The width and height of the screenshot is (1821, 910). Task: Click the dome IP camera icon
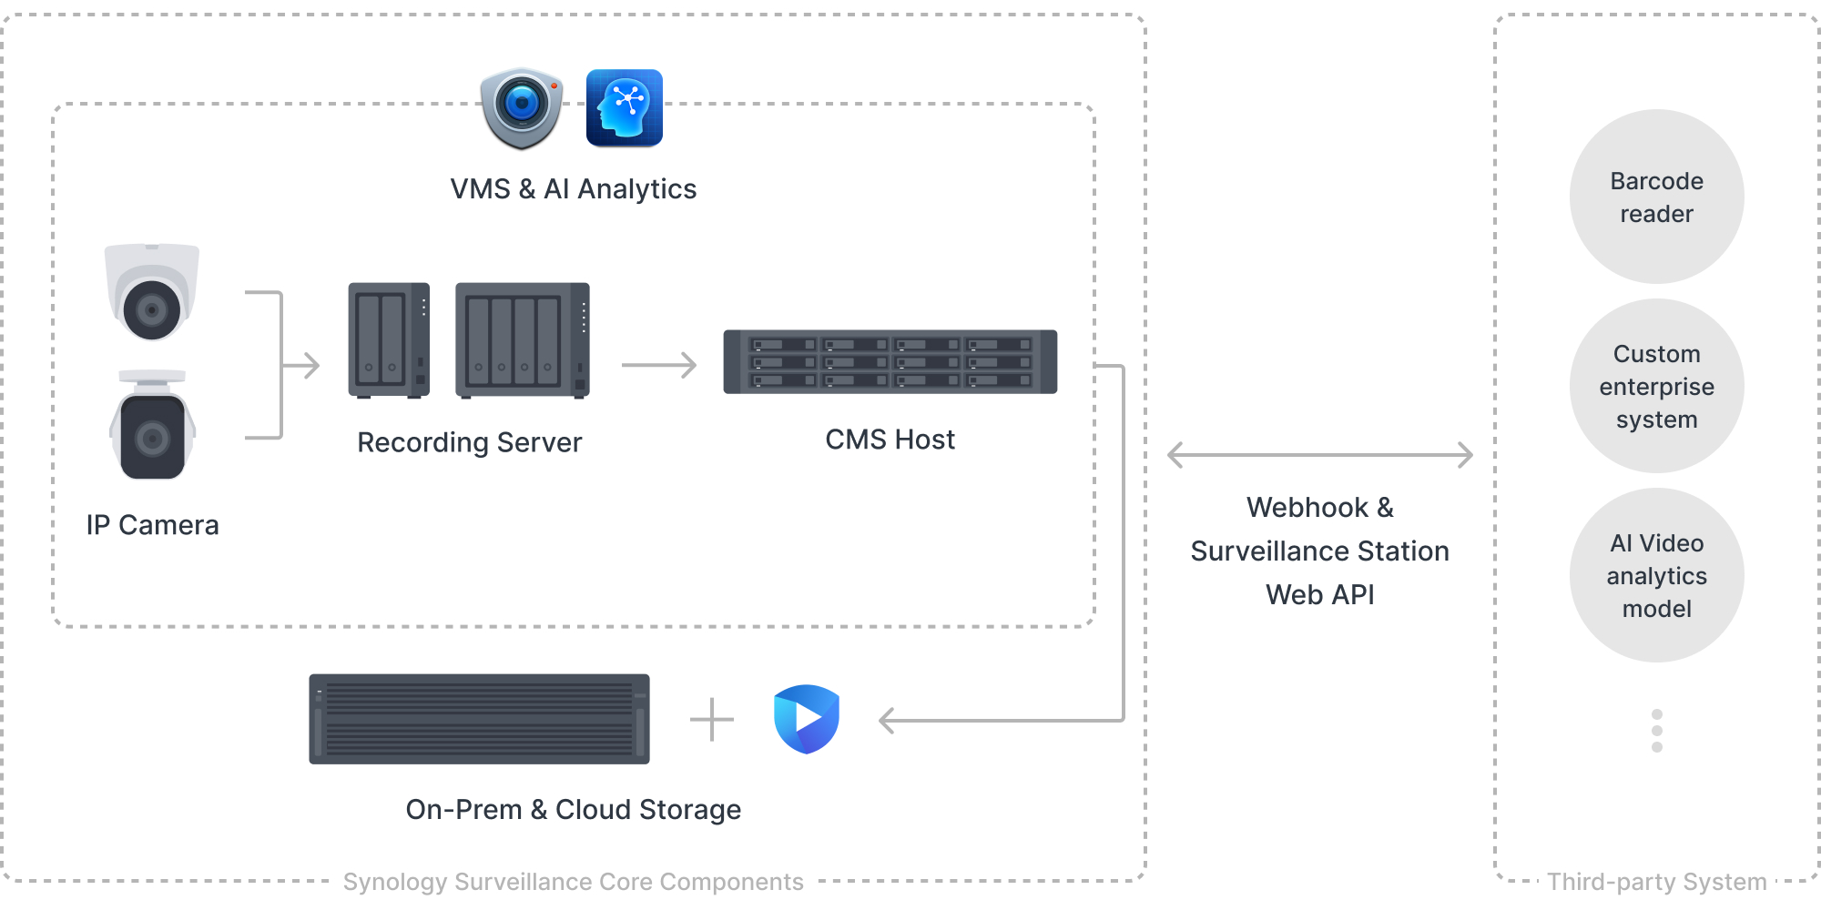[x=152, y=292]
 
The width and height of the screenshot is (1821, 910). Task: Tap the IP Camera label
[x=152, y=525]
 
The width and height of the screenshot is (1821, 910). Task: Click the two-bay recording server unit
[x=389, y=340]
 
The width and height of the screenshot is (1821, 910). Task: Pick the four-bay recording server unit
[x=523, y=340]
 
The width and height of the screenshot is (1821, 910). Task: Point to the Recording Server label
[x=469, y=442]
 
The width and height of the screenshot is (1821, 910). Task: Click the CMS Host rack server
[x=890, y=362]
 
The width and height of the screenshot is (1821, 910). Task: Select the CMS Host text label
[x=890, y=440]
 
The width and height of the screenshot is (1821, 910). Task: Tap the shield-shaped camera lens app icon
[x=522, y=108]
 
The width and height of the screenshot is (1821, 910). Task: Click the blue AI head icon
[x=625, y=108]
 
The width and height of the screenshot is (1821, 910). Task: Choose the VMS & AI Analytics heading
[x=573, y=189]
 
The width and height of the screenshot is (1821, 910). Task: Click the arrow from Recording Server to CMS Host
[x=659, y=365]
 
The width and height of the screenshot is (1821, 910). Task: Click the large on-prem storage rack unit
[x=479, y=719]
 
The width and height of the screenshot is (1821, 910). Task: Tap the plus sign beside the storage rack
[x=711, y=720]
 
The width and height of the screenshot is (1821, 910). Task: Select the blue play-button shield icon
[x=806, y=719]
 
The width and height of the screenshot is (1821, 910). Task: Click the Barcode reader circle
[x=1656, y=197]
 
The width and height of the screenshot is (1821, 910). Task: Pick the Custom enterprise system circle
[x=1656, y=386]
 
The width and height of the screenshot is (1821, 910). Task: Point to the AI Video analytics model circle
[x=1656, y=575]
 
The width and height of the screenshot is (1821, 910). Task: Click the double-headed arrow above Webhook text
[x=1319, y=455]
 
